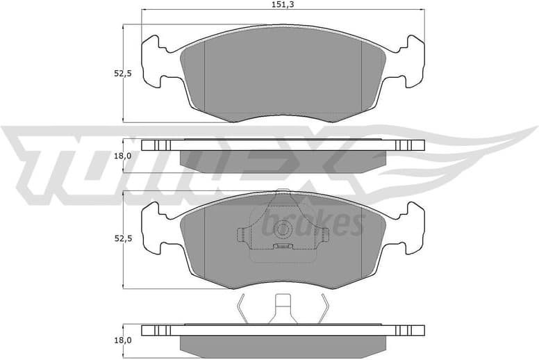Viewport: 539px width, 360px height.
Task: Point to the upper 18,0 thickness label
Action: [123, 156]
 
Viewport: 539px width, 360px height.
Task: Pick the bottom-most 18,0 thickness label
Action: [123, 341]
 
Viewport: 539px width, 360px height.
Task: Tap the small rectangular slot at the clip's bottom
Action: [282, 246]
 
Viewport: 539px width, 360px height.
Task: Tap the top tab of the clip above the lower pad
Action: [282, 194]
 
